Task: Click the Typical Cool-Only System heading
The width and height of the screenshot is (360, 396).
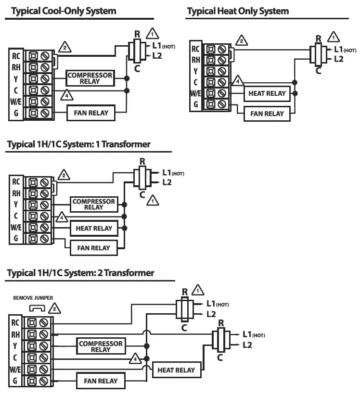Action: (64, 11)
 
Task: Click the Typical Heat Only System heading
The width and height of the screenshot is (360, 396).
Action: (238, 11)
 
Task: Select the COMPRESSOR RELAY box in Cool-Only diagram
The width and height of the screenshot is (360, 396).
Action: (90, 78)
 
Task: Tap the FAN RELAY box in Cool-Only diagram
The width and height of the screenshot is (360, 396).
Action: (91, 114)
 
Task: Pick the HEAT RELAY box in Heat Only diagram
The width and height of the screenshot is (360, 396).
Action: (267, 93)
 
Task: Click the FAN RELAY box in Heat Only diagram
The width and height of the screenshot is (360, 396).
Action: (267, 114)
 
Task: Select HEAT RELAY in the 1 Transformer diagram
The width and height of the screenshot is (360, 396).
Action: (94, 229)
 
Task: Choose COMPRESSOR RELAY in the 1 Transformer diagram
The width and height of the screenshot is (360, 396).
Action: (94, 204)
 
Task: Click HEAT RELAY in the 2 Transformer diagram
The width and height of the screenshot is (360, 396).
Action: (176, 370)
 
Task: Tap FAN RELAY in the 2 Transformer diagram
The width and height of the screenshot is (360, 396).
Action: (101, 381)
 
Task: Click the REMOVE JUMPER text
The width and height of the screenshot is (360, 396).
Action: (33, 298)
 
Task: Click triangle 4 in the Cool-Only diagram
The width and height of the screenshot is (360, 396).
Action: (65, 94)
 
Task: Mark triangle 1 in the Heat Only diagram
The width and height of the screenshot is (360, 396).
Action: (333, 37)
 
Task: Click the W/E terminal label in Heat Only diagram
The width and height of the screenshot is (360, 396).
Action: (196, 93)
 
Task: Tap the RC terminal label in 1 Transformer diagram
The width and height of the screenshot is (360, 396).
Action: (16, 182)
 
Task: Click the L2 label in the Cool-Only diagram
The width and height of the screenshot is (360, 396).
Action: (157, 56)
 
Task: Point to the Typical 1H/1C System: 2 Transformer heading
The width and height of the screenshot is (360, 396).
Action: (80, 273)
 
